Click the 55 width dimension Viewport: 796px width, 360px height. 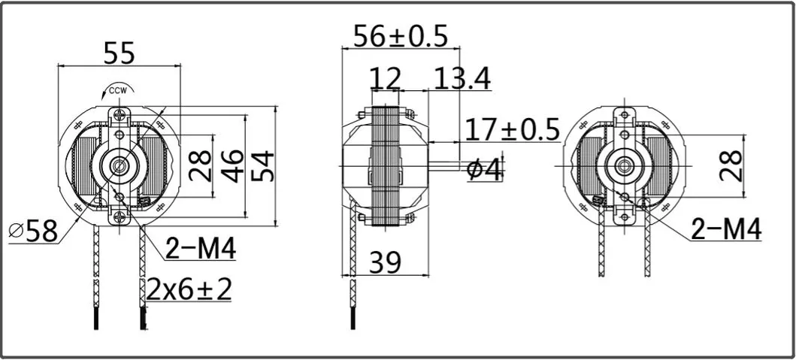tap(118, 53)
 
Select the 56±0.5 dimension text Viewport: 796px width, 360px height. tap(401, 35)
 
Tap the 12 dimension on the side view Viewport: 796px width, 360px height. tap(385, 78)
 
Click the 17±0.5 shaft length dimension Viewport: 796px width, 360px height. tap(513, 130)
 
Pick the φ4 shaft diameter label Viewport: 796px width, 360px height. tap(483, 170)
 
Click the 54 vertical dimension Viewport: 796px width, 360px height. tap(262, 165)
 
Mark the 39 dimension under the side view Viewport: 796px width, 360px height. tap(384, 262)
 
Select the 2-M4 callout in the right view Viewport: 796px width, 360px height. tap(726, 230)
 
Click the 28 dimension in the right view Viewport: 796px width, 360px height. tap(730, 165)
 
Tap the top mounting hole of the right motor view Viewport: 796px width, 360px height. tap(622, 115)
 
